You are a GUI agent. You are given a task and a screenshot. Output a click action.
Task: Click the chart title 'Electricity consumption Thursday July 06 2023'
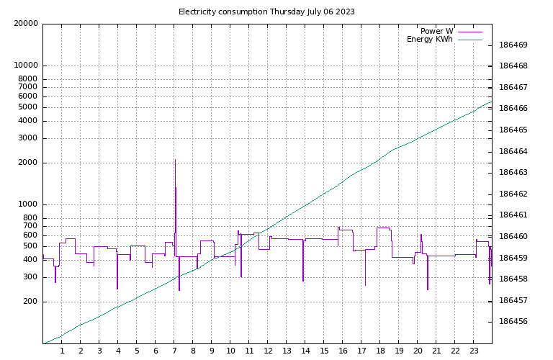pos(266,12)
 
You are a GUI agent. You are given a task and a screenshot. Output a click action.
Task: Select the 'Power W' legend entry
pos(437,31)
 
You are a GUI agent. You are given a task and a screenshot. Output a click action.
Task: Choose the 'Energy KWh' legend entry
pos(430,40)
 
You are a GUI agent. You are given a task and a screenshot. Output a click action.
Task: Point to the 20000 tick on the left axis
pos(26,24)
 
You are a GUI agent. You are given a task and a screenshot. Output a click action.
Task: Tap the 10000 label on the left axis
pos(26,66)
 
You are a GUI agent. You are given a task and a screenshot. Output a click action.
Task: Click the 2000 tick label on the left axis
pos(28,163)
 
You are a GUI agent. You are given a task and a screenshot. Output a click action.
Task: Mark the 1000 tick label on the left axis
pos(28,204)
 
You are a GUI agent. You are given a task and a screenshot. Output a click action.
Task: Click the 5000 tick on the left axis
pos(28,107)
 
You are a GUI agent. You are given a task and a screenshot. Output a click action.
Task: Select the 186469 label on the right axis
pos(513,45)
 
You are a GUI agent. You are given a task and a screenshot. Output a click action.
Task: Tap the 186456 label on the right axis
pos(513,322)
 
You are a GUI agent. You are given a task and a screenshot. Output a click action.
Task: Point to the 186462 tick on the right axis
pos(513,194)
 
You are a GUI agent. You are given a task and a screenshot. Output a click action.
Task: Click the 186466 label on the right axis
pos(513,109)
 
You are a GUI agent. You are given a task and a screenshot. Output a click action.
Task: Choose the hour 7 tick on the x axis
pos(174,351)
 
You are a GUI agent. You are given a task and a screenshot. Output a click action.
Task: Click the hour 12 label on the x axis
pos(268,351)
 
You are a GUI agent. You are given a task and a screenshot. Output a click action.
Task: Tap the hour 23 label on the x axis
pos(474,351)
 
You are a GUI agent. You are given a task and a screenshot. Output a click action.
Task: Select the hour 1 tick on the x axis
pos(62,351)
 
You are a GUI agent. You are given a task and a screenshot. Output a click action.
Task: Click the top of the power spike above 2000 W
pos(175,160)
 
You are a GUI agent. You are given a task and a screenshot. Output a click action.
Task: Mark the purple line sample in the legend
pos(470,32)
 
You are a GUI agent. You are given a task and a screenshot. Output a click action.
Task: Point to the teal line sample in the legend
pos(470,40)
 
